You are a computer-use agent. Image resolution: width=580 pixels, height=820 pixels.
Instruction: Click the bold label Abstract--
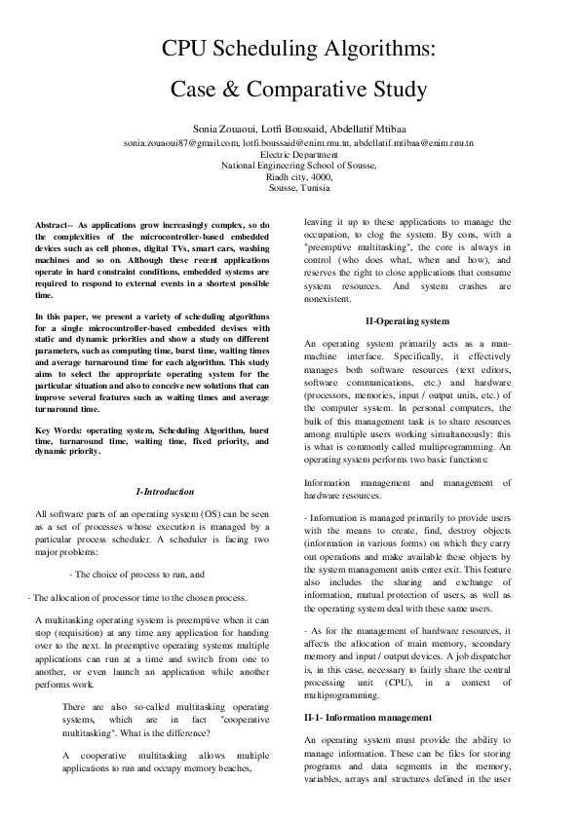click(54, 224)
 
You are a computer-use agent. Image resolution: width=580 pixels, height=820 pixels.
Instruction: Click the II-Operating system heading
click(406, 320)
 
